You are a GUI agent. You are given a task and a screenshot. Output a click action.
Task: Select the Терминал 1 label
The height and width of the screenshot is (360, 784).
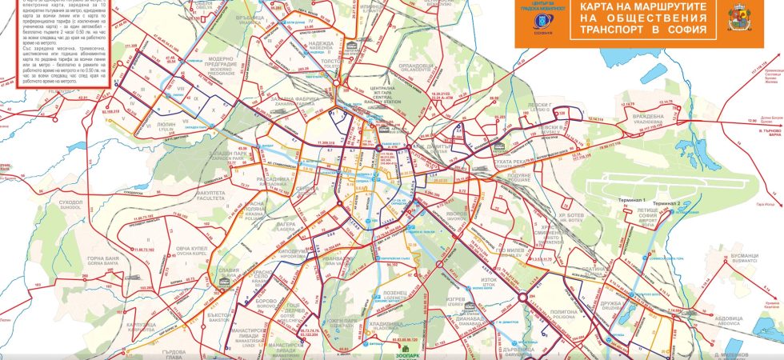tap(632, 198)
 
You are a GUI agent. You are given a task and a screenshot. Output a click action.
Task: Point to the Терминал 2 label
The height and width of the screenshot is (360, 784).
tap(665, 203)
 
